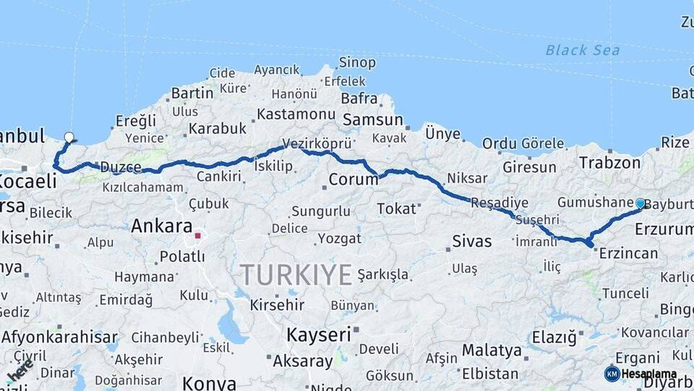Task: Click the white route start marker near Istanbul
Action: (69, 136)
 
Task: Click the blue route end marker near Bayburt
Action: (640, 203)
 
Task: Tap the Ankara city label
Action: (161, 226)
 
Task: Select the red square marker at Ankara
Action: (197, 235)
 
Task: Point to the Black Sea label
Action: (583, 50)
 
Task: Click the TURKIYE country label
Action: (296, 275)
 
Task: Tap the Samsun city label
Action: (373, 120)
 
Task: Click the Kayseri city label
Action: (319, 335)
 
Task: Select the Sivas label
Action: (471, 241)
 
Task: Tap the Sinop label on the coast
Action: (358, 63)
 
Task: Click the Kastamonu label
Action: (296, 114)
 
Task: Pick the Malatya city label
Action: (492, 350)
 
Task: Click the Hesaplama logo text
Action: (649, 374)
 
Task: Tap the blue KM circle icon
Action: (612, 374)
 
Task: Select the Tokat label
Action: (397, 209)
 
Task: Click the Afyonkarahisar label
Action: (59, 337)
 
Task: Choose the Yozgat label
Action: (340, 238)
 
